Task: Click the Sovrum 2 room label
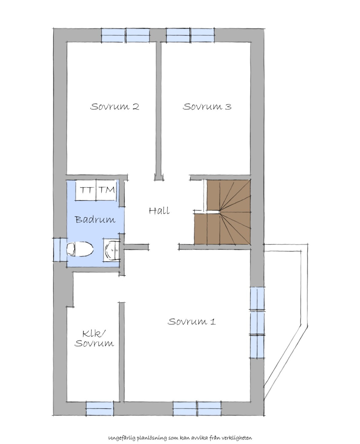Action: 115,107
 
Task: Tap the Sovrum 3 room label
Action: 207,107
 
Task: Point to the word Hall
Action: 159,211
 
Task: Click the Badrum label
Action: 95,219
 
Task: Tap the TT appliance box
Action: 86,190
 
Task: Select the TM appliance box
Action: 106,190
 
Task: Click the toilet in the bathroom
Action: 80,249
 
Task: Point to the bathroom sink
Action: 112,249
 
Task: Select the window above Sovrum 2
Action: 126,35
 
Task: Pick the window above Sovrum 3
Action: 190,35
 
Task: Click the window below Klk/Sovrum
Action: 100,408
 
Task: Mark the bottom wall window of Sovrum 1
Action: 197,408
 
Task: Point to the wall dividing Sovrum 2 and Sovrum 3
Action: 159,111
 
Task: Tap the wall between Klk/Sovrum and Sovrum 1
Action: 122,352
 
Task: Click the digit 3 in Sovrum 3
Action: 228,107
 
